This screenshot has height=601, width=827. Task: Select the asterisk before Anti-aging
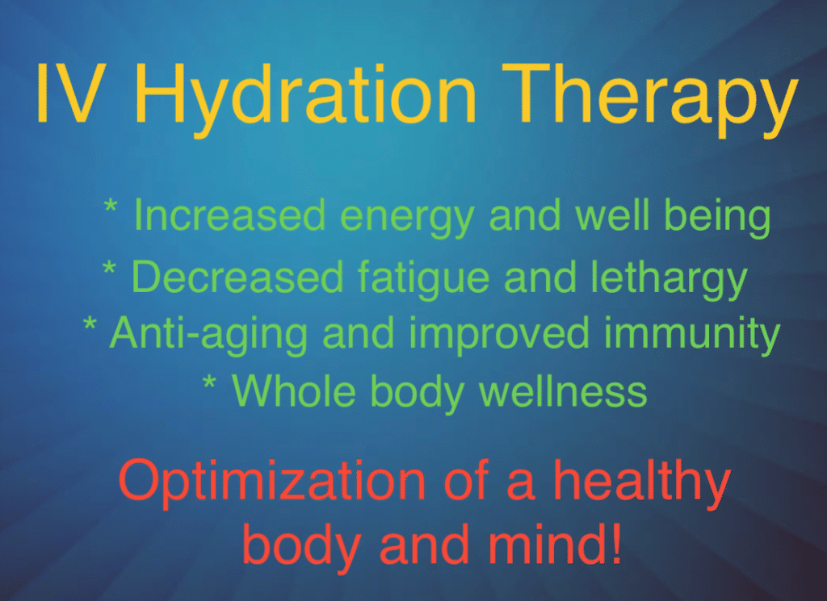pyautogui.click(x=90, y=325)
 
